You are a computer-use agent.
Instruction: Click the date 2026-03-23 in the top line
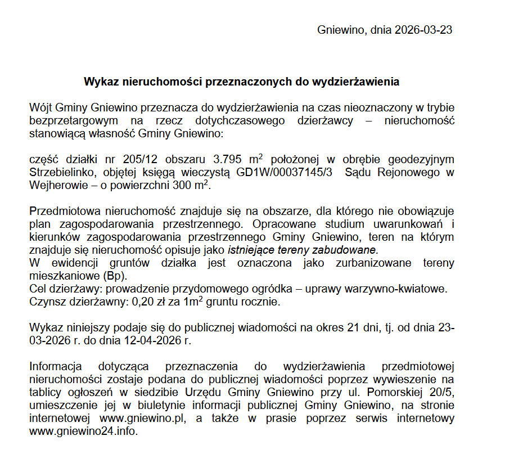(423, 30)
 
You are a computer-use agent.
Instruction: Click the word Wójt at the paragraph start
(42, 107)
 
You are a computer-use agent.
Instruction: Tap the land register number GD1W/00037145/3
(285, 172)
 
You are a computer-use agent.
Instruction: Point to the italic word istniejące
(251, 250)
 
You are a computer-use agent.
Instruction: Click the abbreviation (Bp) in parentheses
(115, 276)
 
